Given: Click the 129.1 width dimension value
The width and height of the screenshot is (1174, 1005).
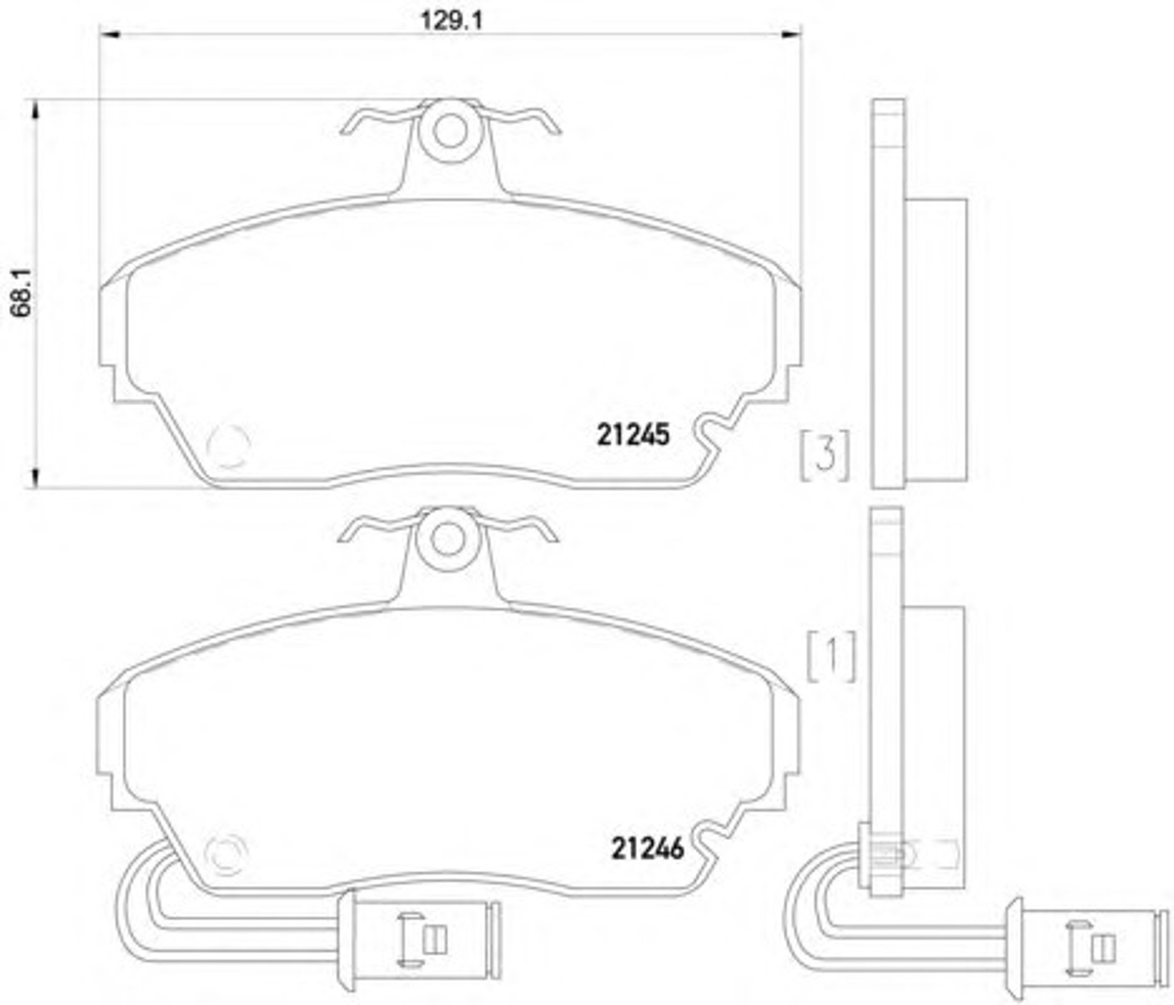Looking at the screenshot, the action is [x=451, y=21].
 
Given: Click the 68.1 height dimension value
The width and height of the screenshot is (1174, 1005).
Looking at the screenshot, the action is [x=22, y=293].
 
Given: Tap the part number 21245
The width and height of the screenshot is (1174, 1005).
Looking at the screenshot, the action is [x=633, y=435].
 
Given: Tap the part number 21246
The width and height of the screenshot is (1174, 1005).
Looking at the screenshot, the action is [x=647, y=849].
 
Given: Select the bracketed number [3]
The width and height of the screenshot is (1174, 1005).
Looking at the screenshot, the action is [x=825, y=455].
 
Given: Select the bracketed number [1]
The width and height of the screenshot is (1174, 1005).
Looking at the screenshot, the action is [x=831, y=656].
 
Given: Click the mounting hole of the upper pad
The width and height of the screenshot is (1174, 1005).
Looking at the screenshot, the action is [x=450, y=133].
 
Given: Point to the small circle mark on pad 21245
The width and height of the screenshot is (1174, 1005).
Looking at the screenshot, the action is [x=228, y=447].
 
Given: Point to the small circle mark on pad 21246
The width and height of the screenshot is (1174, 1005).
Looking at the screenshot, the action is [x=226, y=855].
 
